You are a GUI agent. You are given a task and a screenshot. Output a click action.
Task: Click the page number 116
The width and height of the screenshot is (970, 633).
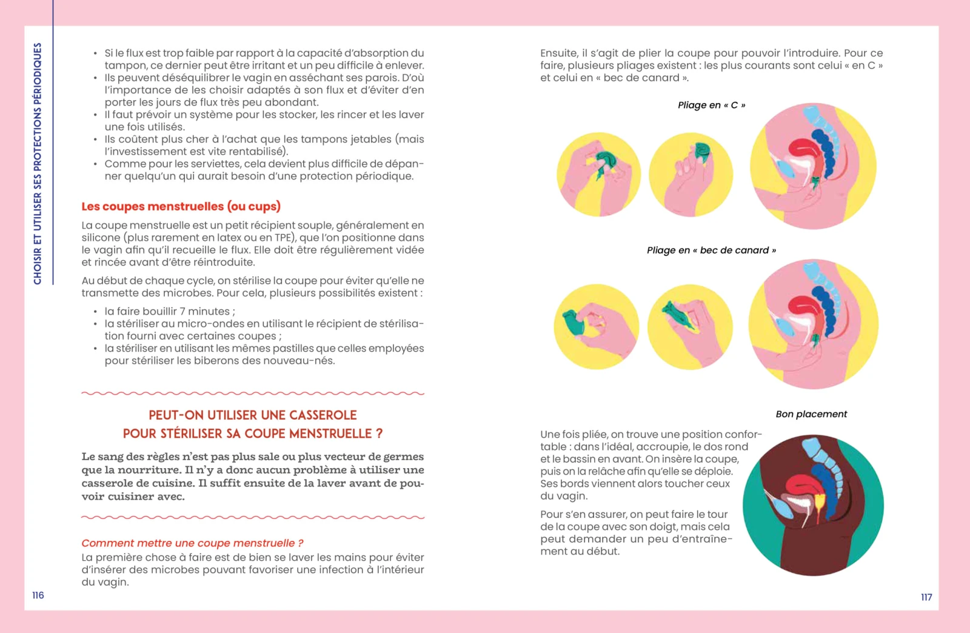pos(38,595)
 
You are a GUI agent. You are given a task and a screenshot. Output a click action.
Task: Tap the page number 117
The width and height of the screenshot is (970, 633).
pos(926,597)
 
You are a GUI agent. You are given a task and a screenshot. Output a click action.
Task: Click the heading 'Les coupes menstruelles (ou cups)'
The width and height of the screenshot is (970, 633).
pos(181,206)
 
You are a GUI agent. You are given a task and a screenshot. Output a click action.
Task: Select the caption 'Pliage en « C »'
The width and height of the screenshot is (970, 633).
pos(711,105)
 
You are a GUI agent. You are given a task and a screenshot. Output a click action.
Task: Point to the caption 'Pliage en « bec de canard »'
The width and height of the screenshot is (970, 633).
pos(711,250)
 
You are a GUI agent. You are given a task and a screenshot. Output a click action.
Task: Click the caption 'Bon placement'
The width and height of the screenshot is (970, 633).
pos(811,414)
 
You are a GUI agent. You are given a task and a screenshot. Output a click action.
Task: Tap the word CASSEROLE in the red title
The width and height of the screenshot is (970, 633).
pos(323,415)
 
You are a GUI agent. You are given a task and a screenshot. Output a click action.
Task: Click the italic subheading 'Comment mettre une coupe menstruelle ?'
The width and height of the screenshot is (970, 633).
pos(192,543)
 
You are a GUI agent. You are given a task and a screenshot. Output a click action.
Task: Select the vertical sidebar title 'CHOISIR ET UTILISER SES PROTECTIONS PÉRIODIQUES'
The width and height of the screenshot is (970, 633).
pos(38,164)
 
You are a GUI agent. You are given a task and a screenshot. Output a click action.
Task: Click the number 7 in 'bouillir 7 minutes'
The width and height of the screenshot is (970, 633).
pos(182,311)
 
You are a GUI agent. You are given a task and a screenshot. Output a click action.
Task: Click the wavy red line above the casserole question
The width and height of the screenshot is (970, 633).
pos(253,394)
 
